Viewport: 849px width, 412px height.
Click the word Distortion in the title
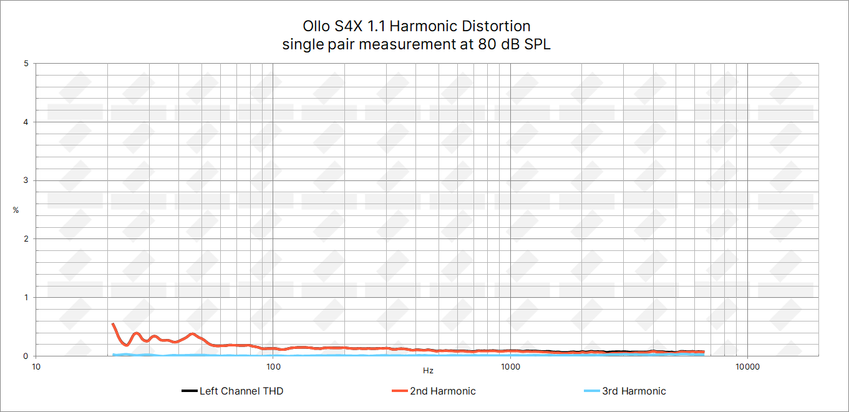pos(496,26)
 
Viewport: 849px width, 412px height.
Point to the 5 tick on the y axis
pos(25,64)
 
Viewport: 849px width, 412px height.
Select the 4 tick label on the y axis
pos(25,122)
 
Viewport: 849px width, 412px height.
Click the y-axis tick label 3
pos(25,180)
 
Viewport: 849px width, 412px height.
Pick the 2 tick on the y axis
pos(25,239)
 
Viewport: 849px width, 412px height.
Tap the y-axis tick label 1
pos(25,297)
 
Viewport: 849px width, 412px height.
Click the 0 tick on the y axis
pos(25,356)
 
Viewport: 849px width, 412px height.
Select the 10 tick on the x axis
pos(36,366)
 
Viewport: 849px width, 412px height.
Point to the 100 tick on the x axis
pos(273,366)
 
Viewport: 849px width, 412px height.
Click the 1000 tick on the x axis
pos(510,366)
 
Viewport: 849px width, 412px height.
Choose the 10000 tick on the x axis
pos(747,366)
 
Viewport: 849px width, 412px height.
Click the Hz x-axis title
pos(428,371)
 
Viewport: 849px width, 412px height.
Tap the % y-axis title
pos(16,210)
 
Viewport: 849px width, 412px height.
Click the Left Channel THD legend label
pos(241,391)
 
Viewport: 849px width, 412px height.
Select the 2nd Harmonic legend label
pos(442,391)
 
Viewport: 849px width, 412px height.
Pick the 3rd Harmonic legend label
pos(634,391)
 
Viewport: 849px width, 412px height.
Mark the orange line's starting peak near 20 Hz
pos(113,324)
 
